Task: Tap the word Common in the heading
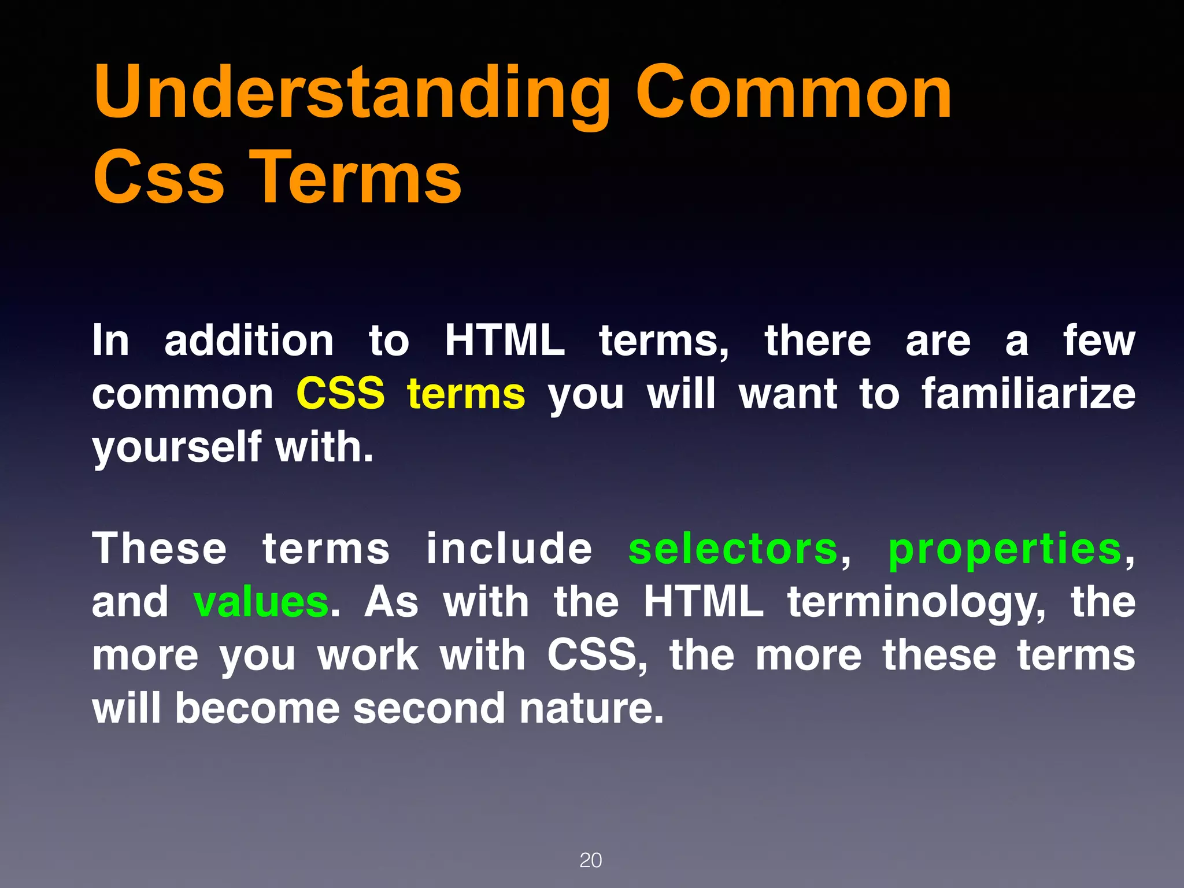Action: (793, 92)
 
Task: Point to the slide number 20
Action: (590, 860)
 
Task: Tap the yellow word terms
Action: (466, 394)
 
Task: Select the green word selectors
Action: (733, 549)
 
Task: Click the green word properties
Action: (1005, 549)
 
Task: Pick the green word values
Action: (261, 602)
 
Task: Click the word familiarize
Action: (1028, 394)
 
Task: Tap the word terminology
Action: (917, 602)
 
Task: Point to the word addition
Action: (249, 341)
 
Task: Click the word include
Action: (509, 549)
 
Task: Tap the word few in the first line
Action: (1098, 341)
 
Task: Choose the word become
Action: (257, 709)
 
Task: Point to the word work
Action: (368, 656)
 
